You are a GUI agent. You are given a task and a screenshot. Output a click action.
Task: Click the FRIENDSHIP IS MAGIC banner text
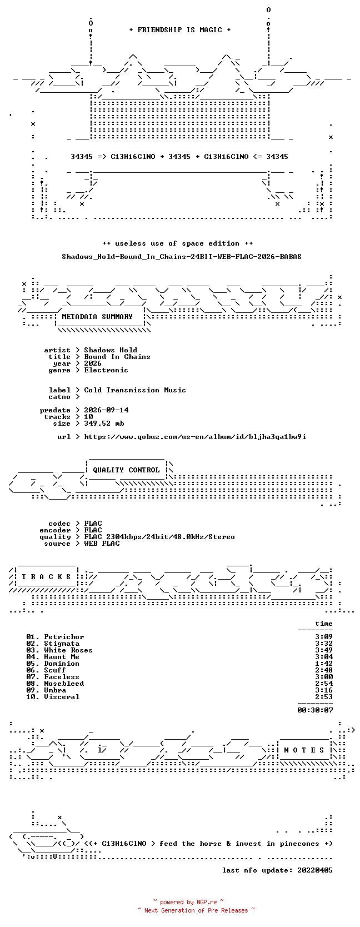point(180,30)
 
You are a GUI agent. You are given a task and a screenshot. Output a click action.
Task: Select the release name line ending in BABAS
point(182,257)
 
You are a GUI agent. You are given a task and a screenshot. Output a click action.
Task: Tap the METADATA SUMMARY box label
point(97,317)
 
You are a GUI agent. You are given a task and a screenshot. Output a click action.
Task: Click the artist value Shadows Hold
point(111,350)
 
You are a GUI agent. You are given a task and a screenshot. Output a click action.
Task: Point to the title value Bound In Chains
point(117,357)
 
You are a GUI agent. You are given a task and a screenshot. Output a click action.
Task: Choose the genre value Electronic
point(106,370)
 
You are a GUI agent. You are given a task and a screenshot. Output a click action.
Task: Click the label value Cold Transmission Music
point(135,390)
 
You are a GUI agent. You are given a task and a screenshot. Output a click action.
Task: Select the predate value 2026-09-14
point(106,410)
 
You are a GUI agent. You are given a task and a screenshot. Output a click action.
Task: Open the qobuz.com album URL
point(196,437)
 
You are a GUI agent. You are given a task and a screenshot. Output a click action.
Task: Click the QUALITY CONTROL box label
point(126,470)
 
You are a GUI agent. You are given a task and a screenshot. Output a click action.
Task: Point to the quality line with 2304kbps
point(159,537)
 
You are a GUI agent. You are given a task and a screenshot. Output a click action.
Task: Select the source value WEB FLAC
point(102,544)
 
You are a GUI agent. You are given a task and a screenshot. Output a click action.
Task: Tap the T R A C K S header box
point(46,577)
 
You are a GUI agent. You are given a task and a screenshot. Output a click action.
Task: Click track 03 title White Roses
point(68,651)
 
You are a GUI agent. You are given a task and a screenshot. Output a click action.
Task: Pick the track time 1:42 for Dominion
point(324,664)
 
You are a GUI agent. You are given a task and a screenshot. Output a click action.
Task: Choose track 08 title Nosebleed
point(64,684)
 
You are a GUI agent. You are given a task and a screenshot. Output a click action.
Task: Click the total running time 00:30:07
point(316,710)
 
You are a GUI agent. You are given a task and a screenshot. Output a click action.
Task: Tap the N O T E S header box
point(304,750)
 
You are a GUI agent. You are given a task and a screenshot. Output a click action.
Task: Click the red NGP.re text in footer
point(207,902)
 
